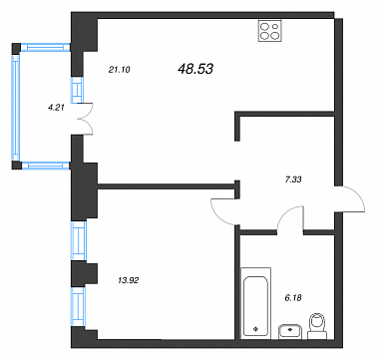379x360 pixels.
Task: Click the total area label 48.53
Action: [x=195, y=69]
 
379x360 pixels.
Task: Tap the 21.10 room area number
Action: [x=119, y=70]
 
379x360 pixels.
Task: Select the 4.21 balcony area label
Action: [x=55, y=107]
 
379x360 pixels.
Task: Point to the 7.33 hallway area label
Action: [x=293, y=180]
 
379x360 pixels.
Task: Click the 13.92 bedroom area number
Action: [x=128, y=280]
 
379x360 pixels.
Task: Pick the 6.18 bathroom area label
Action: [x=293, y=298]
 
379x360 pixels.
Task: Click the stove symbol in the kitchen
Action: [x=270, y=31]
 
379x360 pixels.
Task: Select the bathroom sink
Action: [x=290, y=332]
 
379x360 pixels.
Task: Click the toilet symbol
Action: [x=318, y=326]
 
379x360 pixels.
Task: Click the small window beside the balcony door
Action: [x=77, y=90]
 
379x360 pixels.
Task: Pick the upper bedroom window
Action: [x=79, y=240]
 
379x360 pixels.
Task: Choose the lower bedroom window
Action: [x=79, y=306]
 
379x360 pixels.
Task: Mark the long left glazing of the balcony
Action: [x=16, y=107]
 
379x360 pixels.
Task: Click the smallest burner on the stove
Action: [x=275, y=26]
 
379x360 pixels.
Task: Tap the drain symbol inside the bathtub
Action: [x=255, y=329]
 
